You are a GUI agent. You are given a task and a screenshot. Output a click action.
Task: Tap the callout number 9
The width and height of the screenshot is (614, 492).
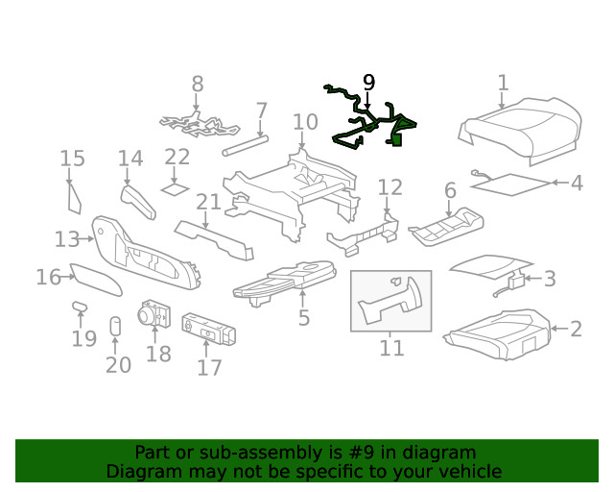368,83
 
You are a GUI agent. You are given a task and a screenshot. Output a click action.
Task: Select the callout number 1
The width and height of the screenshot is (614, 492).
503,84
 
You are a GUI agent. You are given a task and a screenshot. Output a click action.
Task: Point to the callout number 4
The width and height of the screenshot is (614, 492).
576,183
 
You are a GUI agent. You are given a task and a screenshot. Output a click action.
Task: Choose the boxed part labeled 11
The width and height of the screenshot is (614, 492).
391,300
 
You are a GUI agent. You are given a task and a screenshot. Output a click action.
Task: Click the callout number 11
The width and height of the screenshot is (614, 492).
391,347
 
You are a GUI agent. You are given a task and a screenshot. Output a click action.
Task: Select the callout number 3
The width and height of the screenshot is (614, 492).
549,279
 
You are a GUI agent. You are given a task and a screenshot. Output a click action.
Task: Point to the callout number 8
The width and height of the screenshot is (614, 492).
197,85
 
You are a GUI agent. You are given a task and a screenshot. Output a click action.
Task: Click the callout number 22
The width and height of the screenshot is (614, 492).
177,157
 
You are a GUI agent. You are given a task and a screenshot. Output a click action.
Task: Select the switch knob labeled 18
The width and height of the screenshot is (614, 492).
153,315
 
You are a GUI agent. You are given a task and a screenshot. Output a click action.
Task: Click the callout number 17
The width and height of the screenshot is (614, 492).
209,367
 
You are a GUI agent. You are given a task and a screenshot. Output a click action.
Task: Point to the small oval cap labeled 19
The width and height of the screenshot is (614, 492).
80,307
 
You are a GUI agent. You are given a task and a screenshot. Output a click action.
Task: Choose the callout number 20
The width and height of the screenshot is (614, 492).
118,364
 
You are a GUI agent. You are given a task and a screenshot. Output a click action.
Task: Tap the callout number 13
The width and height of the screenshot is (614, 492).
67,238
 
